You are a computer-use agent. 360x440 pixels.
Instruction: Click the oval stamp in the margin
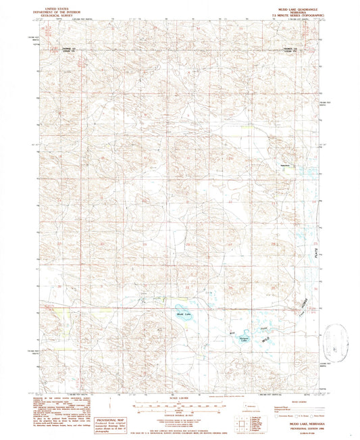pyautogui.click(x=336, y=338)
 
